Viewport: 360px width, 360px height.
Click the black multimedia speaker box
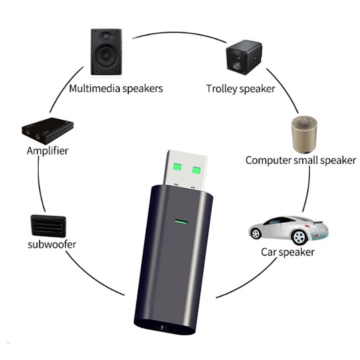[x=106, y=52]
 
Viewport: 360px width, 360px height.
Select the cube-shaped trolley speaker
[x=244, y=58]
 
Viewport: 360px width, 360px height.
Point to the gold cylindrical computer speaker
[x=304, y=135]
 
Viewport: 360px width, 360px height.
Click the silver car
[x=288, y=230]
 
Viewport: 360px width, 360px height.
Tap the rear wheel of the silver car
[x=299, y=237]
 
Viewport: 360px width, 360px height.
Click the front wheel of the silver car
[x=256, y=234]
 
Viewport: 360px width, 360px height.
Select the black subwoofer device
[x=48, y=226]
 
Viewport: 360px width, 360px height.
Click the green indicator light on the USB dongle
[x=181, y=222]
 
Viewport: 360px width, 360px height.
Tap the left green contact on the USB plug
[x=177, y=167]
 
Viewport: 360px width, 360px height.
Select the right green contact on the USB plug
[x=196, y=170]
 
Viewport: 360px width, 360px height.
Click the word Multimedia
[x=94, y=88]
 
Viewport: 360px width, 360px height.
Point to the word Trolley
[x=221, y=89]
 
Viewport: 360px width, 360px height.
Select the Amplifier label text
[x=48, y=151]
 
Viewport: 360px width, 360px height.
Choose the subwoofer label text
[x=52, y=244]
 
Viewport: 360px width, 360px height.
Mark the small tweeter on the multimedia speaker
[x=106, y=36]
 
